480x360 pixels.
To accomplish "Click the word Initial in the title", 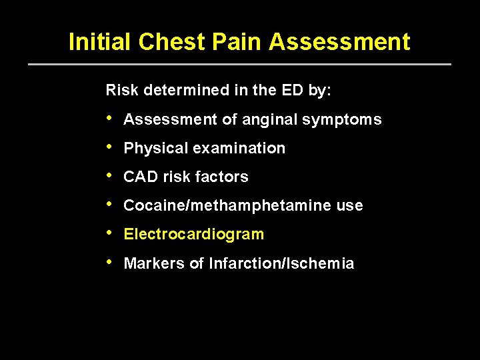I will tap(100, 42).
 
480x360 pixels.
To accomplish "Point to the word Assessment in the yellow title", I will tap(339, 42).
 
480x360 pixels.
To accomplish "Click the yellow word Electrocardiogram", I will tap(194, 235).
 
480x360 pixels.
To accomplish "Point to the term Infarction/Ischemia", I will tap(281, 264).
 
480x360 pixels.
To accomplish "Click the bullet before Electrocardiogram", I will tap(109, 233).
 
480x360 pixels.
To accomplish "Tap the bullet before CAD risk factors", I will tap(109, 176).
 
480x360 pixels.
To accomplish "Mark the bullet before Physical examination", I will tap(109, 147).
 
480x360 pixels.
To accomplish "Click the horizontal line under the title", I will tap(240, 64).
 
